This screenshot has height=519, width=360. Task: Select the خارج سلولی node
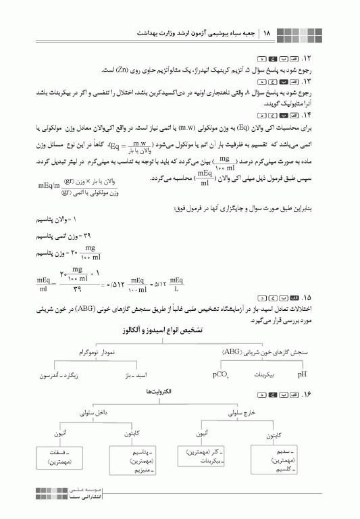(234, 410)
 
